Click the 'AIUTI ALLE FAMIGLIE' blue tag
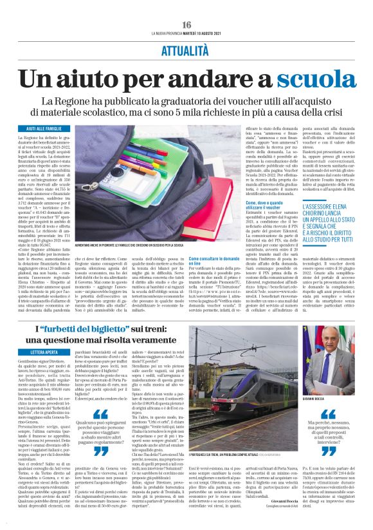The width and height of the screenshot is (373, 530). point(55,129)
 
